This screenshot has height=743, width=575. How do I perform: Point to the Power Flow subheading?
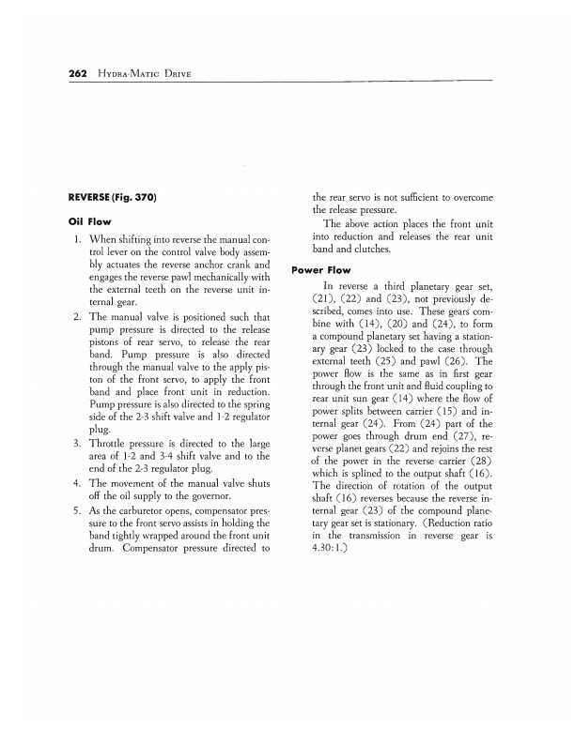[322, 270]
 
